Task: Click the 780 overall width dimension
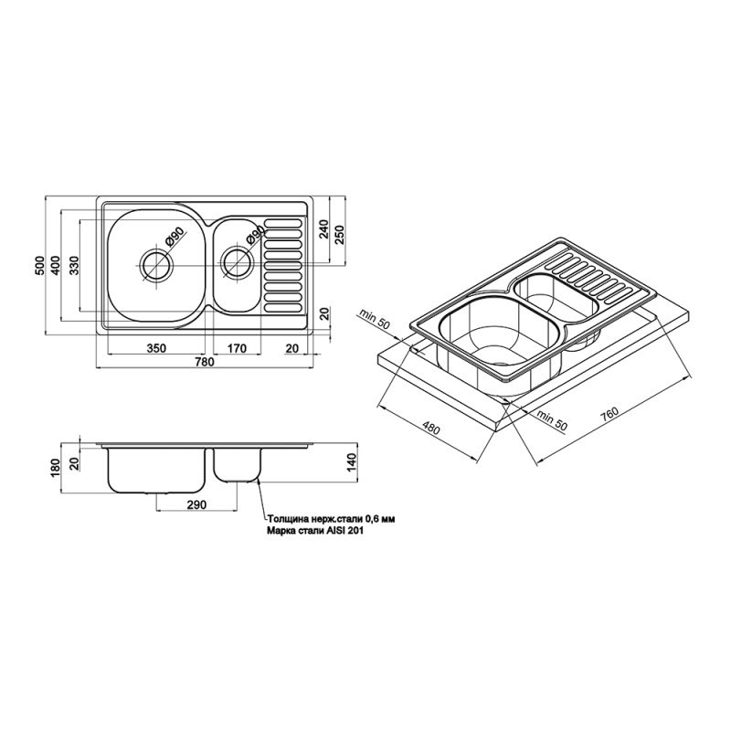[x=205, y=362]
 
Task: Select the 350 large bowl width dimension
[x=156, y=348]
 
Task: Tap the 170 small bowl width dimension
[x=237, y=348]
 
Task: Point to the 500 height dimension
[x=40, y=265]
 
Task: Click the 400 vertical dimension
[x=56, y=265]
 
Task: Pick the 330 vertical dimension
[x=75, y=265]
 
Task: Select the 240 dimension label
[x=325, y=229]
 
